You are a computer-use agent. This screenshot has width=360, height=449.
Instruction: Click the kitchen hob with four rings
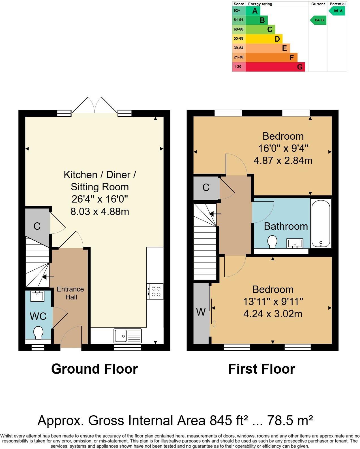[155, 291]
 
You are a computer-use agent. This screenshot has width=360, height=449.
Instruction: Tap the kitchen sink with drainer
[128, 336]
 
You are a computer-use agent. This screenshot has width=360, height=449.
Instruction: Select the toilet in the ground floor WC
[38, 333]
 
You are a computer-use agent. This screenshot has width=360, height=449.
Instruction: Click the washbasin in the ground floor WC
[37, 296]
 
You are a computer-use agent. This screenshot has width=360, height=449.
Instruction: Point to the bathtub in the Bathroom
[321, 223]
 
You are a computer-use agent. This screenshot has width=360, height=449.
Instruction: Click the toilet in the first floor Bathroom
[272, 242]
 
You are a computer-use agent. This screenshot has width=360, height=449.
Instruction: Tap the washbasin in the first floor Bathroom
[295, 243]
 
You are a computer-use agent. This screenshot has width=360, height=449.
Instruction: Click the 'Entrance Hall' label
[70, 293]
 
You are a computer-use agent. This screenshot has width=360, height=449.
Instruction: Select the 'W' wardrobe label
[201, 312]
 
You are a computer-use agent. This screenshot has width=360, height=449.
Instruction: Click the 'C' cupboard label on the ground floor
[37, 226]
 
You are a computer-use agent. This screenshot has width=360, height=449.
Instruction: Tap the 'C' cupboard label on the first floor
[206, 188]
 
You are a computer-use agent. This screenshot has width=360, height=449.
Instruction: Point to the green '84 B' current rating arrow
[318, 20]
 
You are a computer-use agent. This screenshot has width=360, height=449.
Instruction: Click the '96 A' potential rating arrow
[337, 11]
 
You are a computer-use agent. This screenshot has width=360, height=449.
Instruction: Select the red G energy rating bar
[275, 67]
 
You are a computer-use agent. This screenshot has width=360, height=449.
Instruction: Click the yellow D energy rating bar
[264, 39]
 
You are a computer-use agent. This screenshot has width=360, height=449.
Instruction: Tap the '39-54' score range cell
[239, 48]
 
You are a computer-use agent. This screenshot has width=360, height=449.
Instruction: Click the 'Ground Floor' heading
[95, 369]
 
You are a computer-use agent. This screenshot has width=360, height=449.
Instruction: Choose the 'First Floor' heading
[262, 369]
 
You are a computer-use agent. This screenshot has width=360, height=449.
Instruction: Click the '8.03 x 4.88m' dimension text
[100, 212]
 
